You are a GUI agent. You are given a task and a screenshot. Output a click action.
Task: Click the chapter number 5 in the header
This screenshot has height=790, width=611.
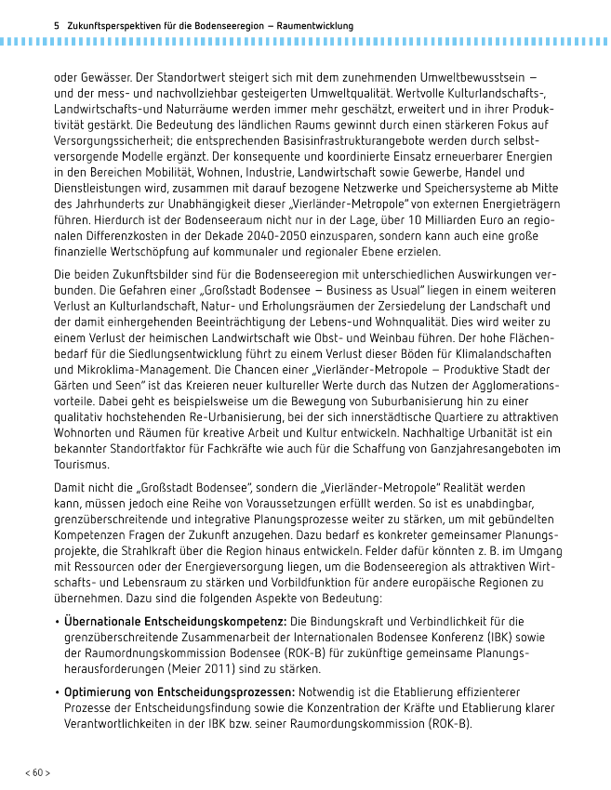[x=58, y=25]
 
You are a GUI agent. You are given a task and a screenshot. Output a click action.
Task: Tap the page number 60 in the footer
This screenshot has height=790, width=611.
[x=37, y=772]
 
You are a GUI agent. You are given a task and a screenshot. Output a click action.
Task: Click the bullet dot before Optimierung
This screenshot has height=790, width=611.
[x=57, y=693]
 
